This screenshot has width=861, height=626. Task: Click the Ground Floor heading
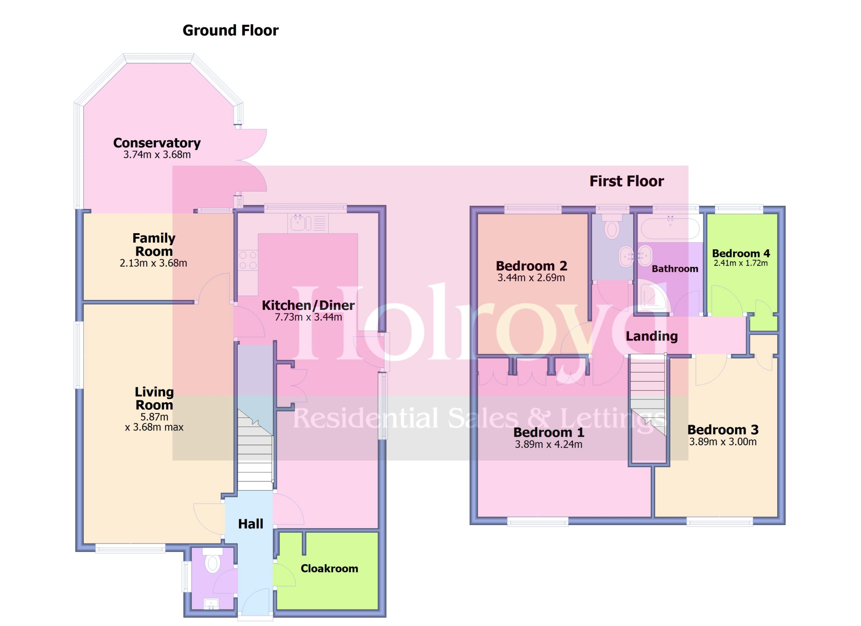point(230,30)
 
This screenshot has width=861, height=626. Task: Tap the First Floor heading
point(626,181)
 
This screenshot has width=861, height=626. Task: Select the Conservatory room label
point(157,143)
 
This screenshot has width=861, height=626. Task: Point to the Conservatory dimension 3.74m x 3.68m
point(157,155)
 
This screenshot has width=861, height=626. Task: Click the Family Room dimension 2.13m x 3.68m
point(153,263)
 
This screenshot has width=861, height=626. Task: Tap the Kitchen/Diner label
point(308,305)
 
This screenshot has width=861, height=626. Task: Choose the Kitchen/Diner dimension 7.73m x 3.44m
point(309,317)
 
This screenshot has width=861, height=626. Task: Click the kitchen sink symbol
point(308,223)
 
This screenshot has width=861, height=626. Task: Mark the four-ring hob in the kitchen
point(248,260)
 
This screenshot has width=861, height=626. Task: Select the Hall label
point(251,524)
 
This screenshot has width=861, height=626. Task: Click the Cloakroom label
point(329,569)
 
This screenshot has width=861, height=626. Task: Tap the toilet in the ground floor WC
point(213,561)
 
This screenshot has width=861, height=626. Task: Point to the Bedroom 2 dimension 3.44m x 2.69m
point(531,278)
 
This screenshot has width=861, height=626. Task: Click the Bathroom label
point(675,269)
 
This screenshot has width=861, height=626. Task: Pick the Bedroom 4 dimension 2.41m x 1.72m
point(741,263)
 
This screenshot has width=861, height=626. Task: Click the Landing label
point(652,336)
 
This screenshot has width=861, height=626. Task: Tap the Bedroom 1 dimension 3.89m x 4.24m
point(549,444)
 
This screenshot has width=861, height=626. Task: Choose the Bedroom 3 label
point(723,430)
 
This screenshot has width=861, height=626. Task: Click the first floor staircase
point(648,395)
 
